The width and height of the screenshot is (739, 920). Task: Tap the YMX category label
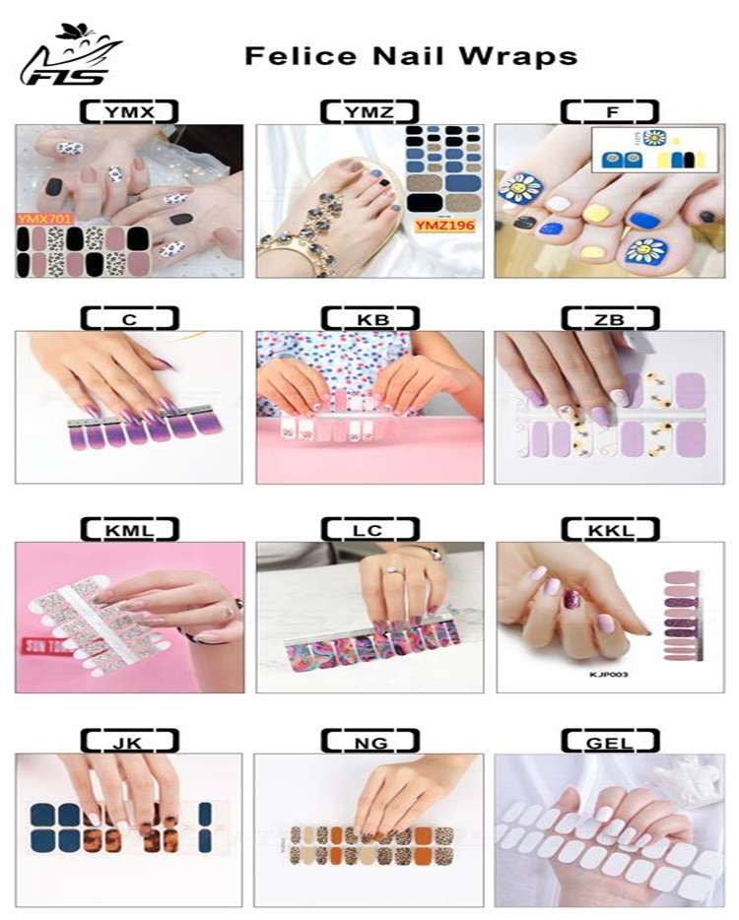pos(129,112)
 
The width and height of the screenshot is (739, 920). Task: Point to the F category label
pos(612,112)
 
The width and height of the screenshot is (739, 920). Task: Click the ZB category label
pos(610,318)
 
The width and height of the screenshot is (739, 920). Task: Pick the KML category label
pos(129,530)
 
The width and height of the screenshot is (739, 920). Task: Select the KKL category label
pos(610,530)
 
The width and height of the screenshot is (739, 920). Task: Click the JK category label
pos(129,742)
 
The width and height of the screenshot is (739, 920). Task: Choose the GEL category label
pos(610,742)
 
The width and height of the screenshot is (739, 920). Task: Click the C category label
pos(129,318)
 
